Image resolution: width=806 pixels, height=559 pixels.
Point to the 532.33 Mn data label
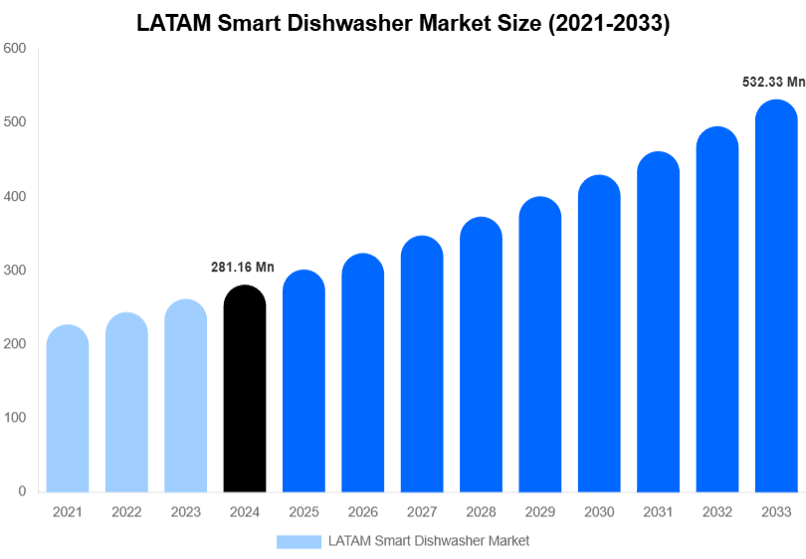click(x=773, y=83)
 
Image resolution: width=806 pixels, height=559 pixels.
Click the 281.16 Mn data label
click(x=243, y=267)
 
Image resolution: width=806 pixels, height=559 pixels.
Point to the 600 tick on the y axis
click(x=14, y=48)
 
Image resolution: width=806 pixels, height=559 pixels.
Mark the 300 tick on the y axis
click(x=14, y=270)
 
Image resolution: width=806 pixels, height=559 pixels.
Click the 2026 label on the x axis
click(x=363, y=512)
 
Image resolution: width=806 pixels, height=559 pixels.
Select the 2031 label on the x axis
click(x=658, y=512)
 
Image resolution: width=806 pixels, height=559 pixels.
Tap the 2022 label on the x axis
click(x=126, y=512)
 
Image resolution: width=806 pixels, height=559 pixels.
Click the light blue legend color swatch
click(x=299, y=541)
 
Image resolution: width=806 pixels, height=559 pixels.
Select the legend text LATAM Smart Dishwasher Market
click(x=429, y=541)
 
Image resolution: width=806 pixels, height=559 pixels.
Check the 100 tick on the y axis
click(x=14, y=418)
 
